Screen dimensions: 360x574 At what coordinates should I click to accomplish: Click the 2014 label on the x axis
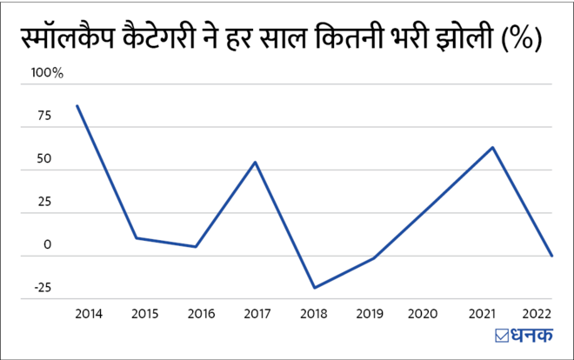click(87, 312)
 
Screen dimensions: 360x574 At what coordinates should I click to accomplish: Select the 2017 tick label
click(255, 312)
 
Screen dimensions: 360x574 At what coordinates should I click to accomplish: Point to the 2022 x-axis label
click(535, 312)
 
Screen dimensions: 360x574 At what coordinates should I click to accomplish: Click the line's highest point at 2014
click(77, 106)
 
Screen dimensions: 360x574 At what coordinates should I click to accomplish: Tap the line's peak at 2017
click(255, 162)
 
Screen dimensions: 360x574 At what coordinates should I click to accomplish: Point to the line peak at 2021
click(493, 147)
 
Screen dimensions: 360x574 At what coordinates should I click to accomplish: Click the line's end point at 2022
click(552, 256)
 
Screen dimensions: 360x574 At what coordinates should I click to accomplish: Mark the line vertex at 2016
click(196, 247)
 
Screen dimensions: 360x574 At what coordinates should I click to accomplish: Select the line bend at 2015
click(137, 237)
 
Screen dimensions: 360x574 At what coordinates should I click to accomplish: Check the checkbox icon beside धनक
click(501, 337)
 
